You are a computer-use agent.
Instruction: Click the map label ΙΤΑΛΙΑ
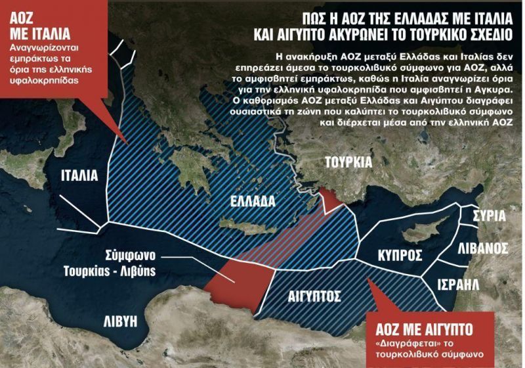coord(79,175)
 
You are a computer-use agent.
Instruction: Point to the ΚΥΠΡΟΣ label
coord(400,256)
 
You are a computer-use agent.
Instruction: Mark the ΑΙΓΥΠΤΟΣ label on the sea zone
coord(313,295)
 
